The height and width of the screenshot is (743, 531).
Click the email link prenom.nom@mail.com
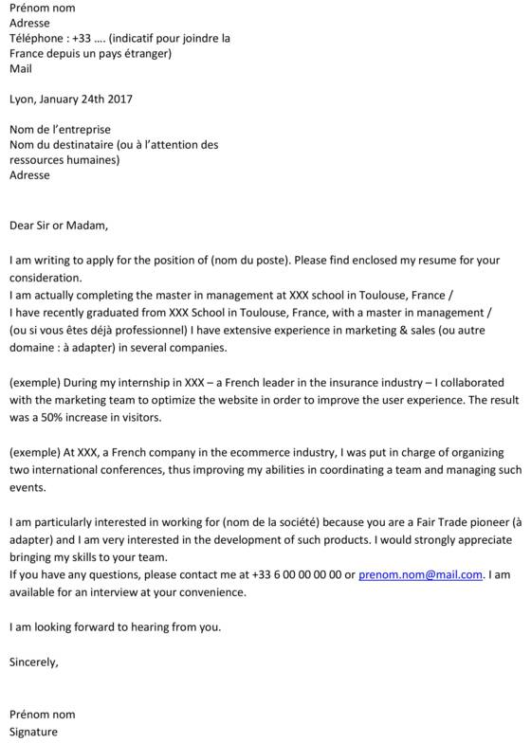421,574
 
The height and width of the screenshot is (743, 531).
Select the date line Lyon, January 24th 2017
71,99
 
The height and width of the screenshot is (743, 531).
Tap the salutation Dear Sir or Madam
59,226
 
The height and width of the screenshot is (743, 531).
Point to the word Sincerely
33,661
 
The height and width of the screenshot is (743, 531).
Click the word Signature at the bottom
33,732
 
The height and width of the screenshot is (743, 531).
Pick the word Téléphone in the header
36,39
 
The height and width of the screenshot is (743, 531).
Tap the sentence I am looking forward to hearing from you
115,626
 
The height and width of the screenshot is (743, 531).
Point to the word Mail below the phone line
20,68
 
